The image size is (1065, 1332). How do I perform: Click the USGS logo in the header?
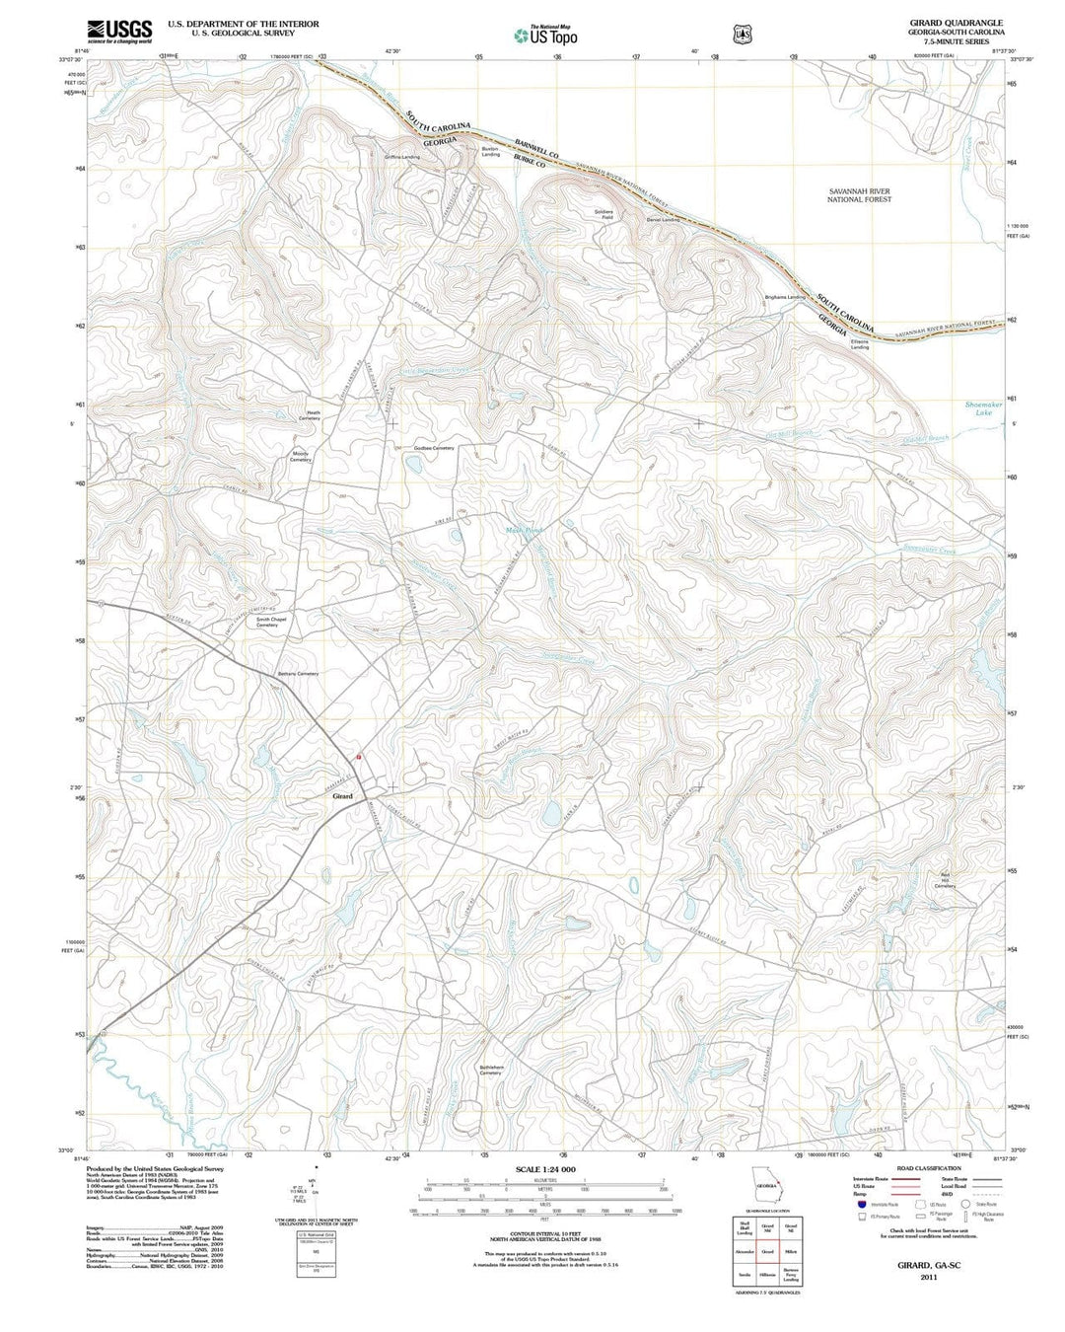point(119,32)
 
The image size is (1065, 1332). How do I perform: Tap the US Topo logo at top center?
point(545,36)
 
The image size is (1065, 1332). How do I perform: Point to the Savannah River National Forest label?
point(859,194)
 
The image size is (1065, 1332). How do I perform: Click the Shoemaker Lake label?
point(983,408)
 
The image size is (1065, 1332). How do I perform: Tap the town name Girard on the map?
point(342,795)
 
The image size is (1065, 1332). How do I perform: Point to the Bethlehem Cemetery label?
point(491,1070)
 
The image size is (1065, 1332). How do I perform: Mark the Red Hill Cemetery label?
point(944,882)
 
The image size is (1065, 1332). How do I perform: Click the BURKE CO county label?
point(528,165)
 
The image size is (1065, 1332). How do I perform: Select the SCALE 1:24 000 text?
point(544,1168)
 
